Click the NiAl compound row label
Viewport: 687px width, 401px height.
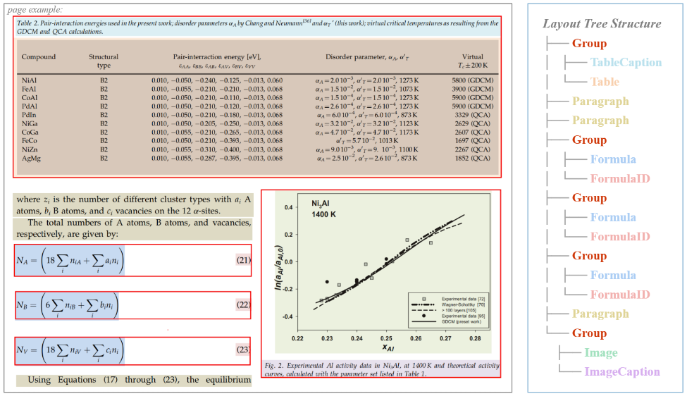coord(29,81)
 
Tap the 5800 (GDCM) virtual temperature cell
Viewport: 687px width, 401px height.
coord(471,81)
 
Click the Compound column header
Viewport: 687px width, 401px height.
coord(39,56)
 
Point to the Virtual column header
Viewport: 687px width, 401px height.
coord(473,56)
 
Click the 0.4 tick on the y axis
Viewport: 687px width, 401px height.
coord(288,208)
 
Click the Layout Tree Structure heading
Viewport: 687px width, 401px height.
coord(602,23)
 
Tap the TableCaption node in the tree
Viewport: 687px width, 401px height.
coord(626,63)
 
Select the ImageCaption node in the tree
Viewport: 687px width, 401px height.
coord(623,371)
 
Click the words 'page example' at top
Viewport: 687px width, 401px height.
coord(35,9)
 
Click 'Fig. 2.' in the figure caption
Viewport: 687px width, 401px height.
coord(275,366)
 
